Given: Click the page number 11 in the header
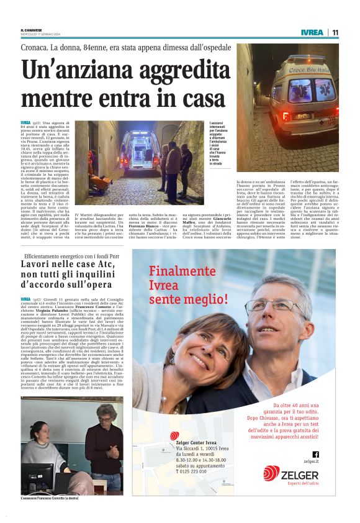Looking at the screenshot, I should tap(335, 32).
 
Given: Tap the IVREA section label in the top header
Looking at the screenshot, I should tap(312, 32).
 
